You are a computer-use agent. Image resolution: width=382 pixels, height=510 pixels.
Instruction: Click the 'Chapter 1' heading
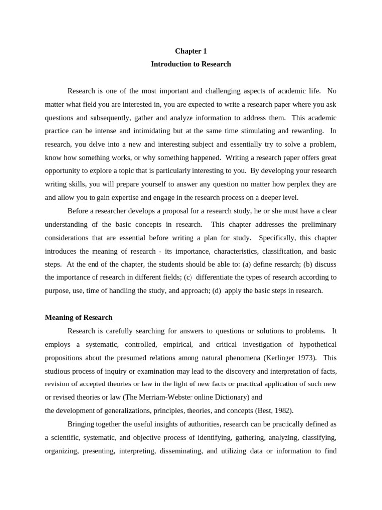coord(191,51)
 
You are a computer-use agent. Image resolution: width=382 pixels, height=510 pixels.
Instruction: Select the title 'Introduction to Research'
coord(191,64)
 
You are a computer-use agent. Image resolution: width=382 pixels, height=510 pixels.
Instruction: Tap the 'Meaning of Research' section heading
coord(79,317)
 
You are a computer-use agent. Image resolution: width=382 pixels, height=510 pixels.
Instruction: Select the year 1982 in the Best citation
coord(282,411)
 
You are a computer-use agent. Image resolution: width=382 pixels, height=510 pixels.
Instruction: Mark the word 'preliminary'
coord(315,224)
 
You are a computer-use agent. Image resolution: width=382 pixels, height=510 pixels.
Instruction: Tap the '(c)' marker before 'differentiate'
coord(189,277)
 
